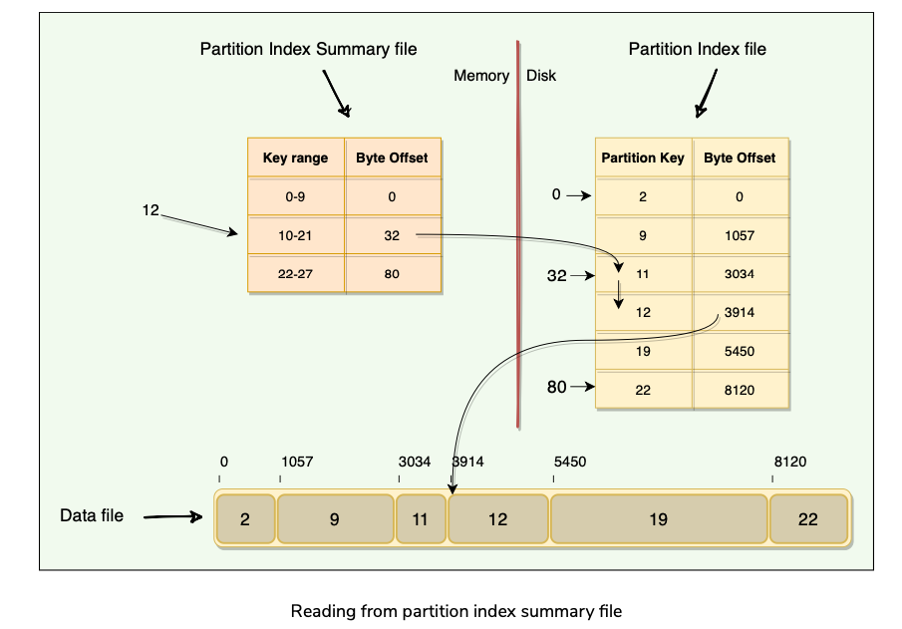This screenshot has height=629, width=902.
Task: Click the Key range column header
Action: pyautogui.click(x=295, y=157)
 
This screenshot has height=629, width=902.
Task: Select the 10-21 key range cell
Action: pyautogui.click(x=295, y=235)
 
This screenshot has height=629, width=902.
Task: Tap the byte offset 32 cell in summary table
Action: pyautogui.click(x=392, y=235)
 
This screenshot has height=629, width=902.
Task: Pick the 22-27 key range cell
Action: pyautogui.click(x=295, y=274)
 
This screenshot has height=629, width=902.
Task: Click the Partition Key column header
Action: pyautogui.click(x=643, y=157)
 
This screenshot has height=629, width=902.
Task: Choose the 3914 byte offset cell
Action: pyautogui.click(x=740, y=312)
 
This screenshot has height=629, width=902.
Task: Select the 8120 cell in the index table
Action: pyautogui.click(x=740, y=390)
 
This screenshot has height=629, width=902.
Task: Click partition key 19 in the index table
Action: pyautogui.click(x=643, y=351)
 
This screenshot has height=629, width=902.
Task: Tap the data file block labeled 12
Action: pyautogui.click(x=497, y=518)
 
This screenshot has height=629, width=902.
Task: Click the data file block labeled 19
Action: pyautogui.click(x=658, y=518)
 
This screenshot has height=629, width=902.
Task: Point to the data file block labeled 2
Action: pyautogui.click(x=245, y=518)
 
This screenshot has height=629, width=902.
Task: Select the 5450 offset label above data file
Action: pyautogui.click(x=569, y=462)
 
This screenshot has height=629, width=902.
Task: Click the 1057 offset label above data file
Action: pyautogui.click(x=297, y=462)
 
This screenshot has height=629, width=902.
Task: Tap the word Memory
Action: pyautogui.click(x=481, y=76)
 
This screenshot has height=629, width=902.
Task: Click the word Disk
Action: pyautogui.click(x=541, y=76)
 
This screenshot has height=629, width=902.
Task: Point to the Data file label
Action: pyautogui.click(x=92, y=515)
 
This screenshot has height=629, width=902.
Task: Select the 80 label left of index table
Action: pyautogui.click(x=556, y=387)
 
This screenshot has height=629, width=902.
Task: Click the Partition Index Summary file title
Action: pyautogui.click(x=308, y=48)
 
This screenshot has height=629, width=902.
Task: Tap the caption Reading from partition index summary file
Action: pyautogui.click(x=455, y=611)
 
